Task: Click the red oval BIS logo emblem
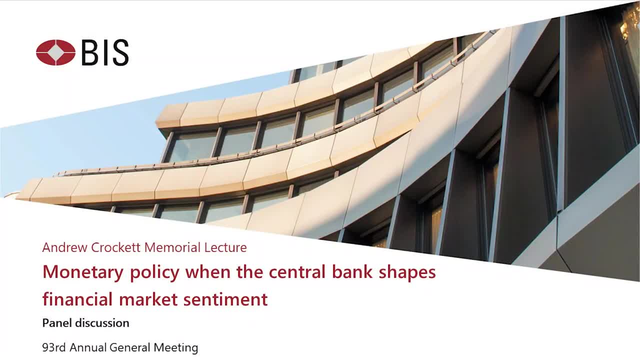pyautogui.click(x=55, y=52)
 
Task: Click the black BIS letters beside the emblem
pyautogui.click(x=105, y=52)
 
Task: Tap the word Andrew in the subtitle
pyautogui.click(x=65, y=247)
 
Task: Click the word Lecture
pyautogui.click(x=225, y=247)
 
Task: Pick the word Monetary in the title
pyautogui.click(x=83, y=272)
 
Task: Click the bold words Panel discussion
pyautogui.click(x=85, y=323)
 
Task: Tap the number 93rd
pyautogui.click(x=54, y=347)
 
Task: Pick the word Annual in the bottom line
pyautogui.click(x=88, y=347)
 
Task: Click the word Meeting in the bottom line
pyautogui.click(x=175, y=348)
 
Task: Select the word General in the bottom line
pyautogui.click(x=130, y=347)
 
